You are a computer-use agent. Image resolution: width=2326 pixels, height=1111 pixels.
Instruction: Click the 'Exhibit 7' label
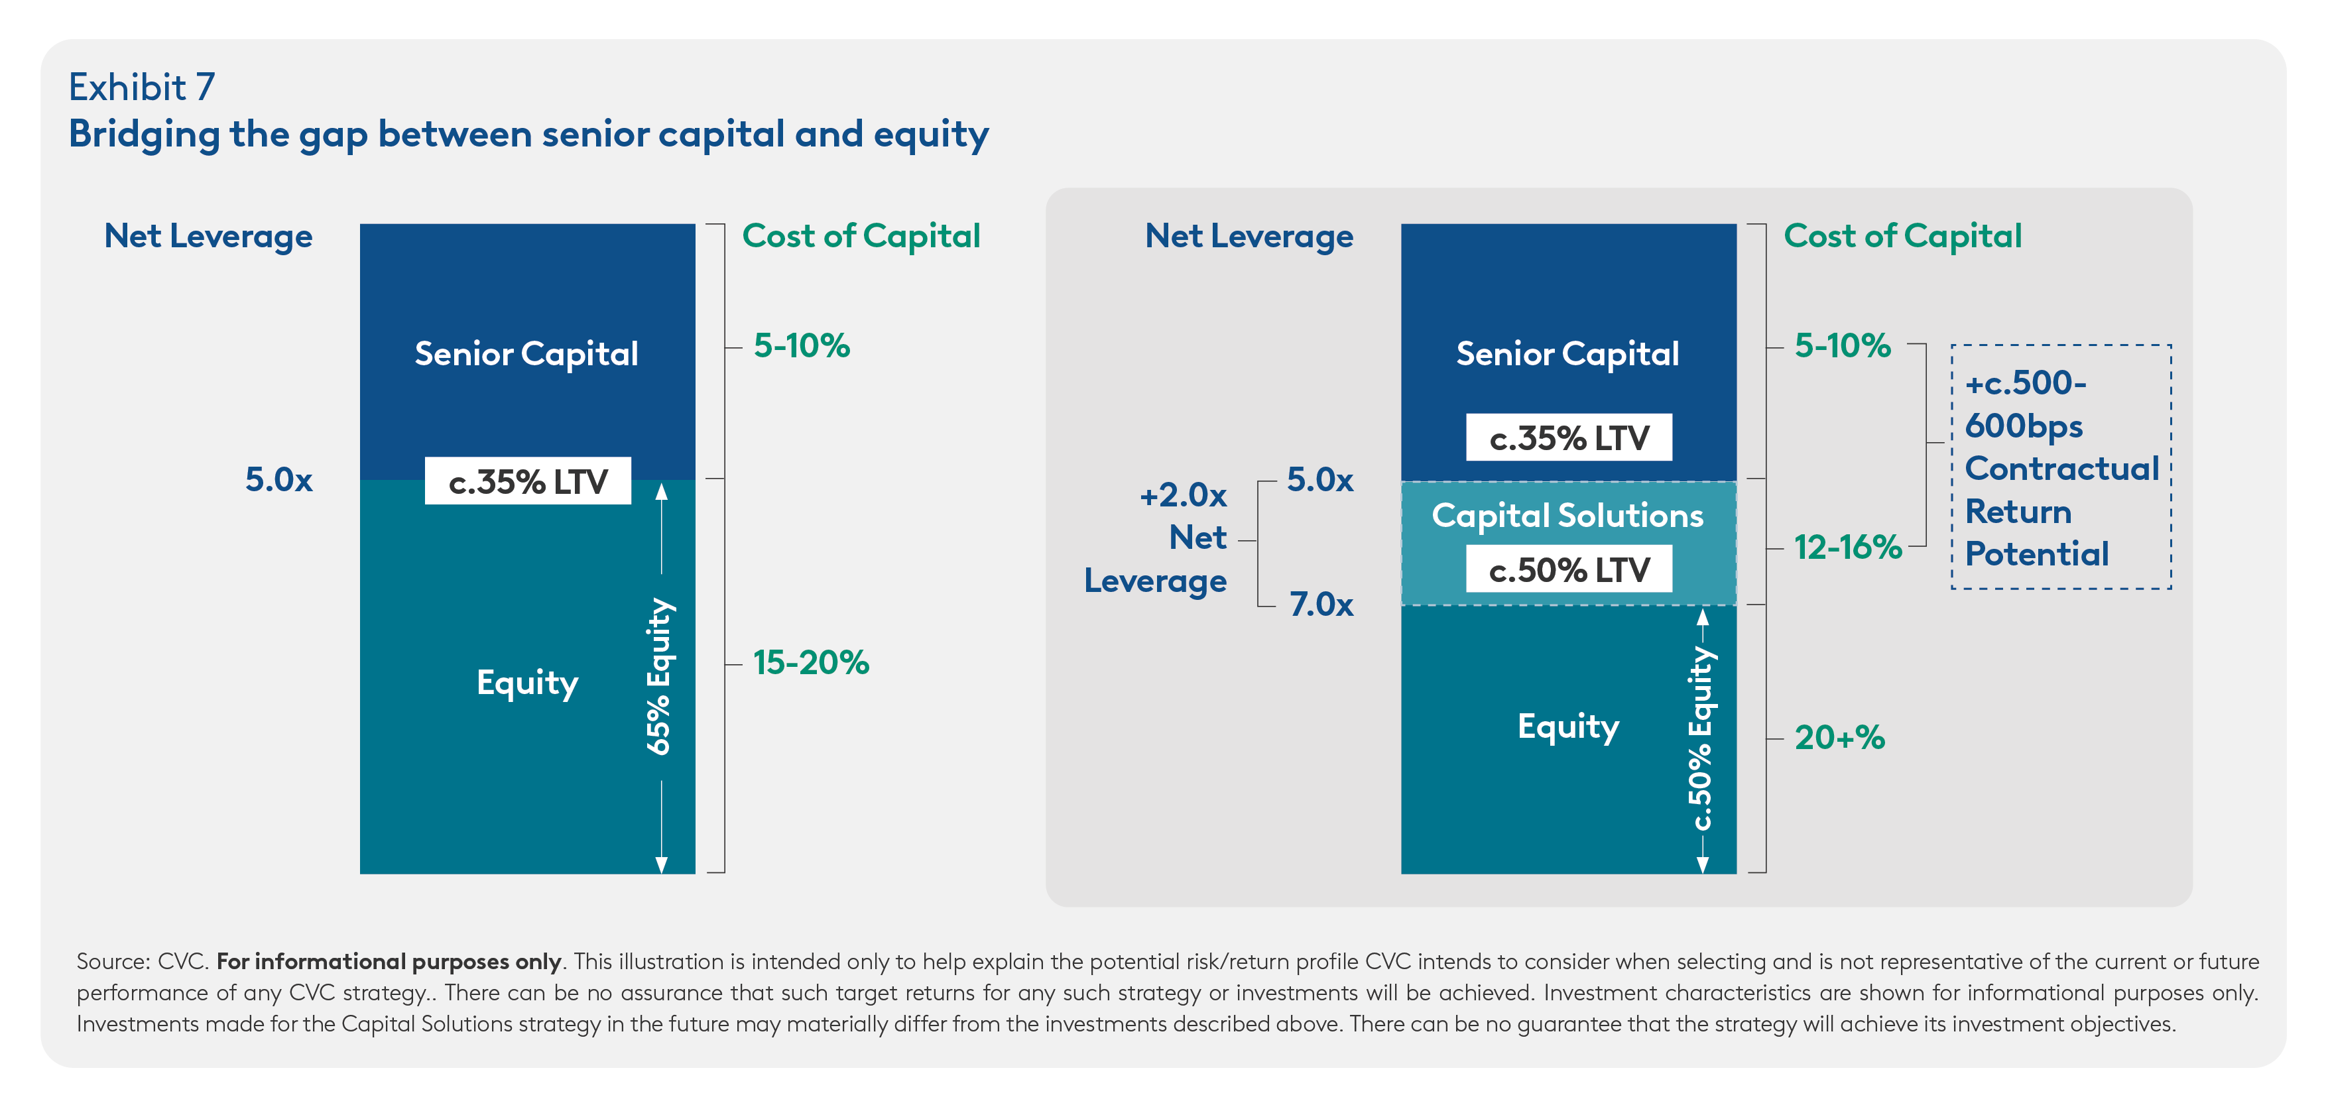[x=142, y=88]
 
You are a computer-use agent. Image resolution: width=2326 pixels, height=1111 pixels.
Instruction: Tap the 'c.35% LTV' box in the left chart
[x=528, y=481]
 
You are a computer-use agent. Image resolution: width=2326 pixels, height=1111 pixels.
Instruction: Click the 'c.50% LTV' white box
[x=1568, y=569]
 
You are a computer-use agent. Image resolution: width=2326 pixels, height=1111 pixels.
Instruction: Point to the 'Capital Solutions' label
[x=1567, y=515]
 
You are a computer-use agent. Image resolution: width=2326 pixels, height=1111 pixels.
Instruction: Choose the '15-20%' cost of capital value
[x=811, y=662]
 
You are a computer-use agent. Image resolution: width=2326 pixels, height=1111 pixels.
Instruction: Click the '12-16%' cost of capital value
[x=1847, y=547]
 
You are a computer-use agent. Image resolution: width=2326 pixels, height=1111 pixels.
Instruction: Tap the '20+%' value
[x=1839, y=737]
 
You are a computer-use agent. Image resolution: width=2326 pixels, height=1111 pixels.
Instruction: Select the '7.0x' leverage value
[x=1321, y=604]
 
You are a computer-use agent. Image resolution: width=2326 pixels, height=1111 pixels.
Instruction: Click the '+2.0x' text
[x=1183, y=495]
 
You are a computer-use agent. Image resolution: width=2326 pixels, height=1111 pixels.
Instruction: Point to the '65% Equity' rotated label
[x=659, y=676]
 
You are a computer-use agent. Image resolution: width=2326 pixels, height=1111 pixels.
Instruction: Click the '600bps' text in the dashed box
[x=2024, y=426]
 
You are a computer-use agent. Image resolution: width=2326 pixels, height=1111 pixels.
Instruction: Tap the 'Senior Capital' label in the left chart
[x=526, y=354]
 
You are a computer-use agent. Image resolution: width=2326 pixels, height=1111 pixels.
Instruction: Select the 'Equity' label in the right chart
[x=1568, y=727]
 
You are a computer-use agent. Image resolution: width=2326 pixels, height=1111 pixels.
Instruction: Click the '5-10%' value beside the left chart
[x=802, y=345]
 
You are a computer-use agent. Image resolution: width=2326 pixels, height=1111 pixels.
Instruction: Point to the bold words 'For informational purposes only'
[x=389, y=961]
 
